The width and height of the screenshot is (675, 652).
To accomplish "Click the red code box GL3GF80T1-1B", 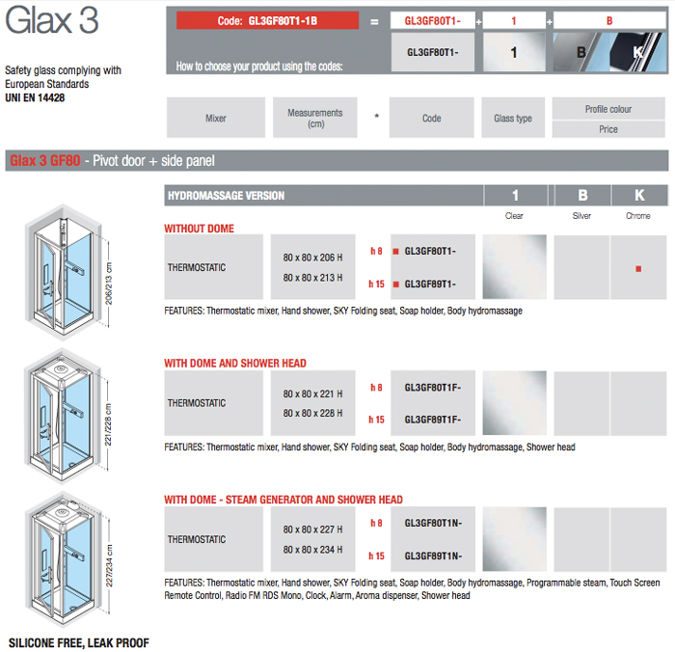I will point(267,19).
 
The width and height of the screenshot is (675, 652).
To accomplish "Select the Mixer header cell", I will point(216,119).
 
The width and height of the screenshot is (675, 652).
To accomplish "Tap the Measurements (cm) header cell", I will point(314,119).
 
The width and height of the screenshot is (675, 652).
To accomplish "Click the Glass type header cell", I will point(512,119).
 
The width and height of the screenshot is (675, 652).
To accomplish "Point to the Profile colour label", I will point(607,109).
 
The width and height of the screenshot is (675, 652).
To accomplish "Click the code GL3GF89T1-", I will point(431,284).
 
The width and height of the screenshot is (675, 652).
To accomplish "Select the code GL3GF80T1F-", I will point(433,388).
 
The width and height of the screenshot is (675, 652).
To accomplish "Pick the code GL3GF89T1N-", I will point(433,556).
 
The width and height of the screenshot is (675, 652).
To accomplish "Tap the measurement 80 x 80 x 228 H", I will point(313,413).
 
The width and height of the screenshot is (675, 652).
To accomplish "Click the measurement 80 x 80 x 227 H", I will point(313,530).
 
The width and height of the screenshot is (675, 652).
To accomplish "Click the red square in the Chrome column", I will point(638,269).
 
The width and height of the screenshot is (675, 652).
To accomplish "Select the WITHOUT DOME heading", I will point(199,230).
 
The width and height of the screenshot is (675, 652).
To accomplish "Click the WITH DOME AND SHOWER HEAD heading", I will point(235,364).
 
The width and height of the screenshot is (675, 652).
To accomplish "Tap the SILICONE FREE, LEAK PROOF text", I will point(79,642).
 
